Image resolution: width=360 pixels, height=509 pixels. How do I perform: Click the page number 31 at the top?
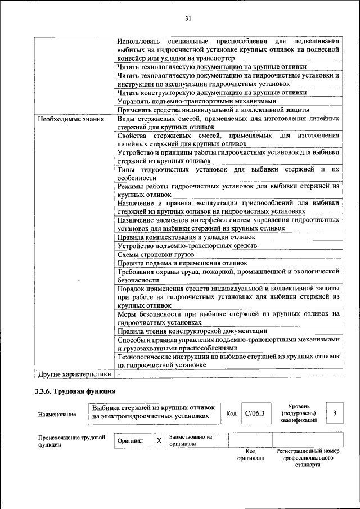(188, 19)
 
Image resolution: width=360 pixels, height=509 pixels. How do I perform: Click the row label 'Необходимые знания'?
(70, 119)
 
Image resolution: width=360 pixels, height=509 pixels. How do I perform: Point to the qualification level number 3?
(334, 413)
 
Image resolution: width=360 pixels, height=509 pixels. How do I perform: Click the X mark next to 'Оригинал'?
(159, 440)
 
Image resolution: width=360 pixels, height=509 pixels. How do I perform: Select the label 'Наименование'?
(57, 414)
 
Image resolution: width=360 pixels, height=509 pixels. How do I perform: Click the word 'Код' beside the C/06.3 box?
(231, 413)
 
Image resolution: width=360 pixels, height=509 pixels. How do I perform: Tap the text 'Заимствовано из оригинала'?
(190, 440)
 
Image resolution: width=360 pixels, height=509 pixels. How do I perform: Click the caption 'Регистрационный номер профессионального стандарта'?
(308, 458)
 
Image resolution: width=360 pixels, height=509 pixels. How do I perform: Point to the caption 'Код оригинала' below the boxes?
(251, 454)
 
